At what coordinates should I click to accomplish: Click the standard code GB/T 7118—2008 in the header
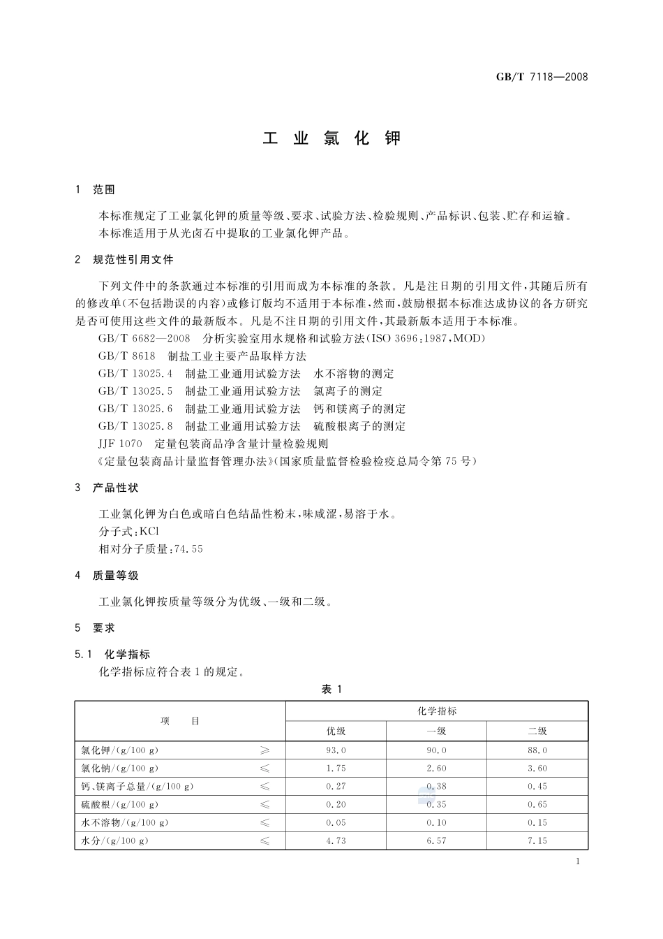point(542,77)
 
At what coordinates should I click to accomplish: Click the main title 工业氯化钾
point(331,138)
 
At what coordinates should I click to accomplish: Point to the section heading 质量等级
point(115,576)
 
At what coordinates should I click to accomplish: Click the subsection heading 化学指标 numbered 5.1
point(127,655)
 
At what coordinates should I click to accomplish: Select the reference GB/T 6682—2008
point(144,339)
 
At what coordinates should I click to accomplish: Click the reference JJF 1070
point(121,444)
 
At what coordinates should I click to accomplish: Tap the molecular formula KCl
point(149,532)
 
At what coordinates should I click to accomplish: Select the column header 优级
point(336,731)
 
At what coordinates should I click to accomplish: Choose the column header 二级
point(537,731)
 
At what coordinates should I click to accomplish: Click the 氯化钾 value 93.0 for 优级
point(336,750)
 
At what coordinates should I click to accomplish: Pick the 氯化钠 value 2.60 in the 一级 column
point(436,769)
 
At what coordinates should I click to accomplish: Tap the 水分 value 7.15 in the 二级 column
point(537,841)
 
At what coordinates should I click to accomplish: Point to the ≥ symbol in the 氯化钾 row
point(265,750)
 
